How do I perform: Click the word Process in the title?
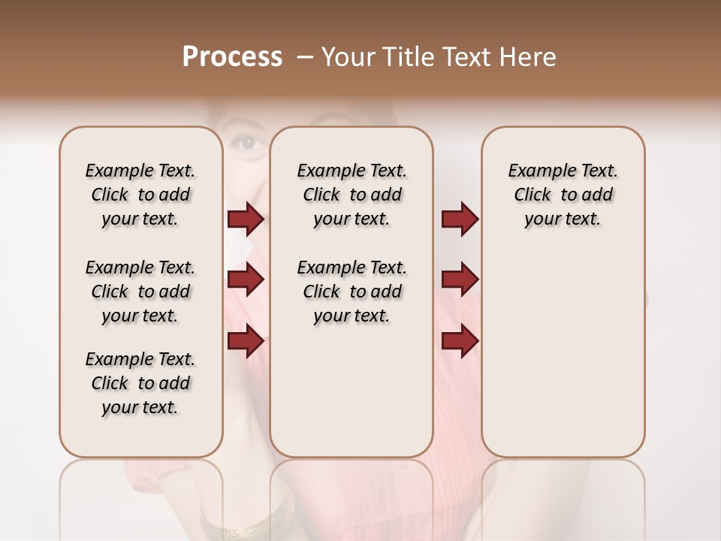pos(232,57)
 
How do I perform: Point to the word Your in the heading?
pos(350,57)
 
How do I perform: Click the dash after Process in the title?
pos(304,58)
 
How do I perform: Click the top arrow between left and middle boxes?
pos(246,219)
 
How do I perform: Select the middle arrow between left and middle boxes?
pos(246,280)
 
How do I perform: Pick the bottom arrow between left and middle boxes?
pos(246,342)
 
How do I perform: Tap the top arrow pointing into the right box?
pos(460,219)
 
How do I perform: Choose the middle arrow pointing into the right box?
pos(460,279)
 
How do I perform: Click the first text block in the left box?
pos(140,195)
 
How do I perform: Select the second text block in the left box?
pos(140,292)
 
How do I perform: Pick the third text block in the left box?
pos(140,383)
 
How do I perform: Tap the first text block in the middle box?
pos(351,195)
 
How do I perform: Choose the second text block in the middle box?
pos(351,292)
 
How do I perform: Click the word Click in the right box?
pos(532,195)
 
